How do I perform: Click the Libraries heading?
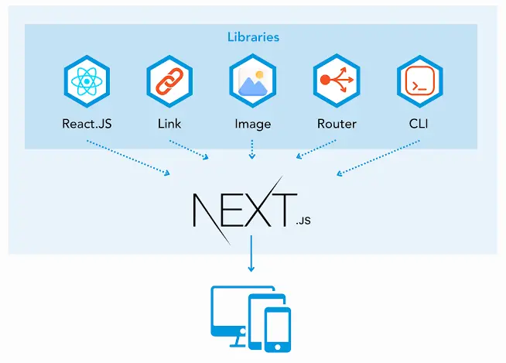point(253,36)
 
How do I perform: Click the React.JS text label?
point(86,123)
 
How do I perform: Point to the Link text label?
point(169,123)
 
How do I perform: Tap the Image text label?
point(253,123)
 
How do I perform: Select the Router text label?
point(337,123)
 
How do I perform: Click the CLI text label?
point(419,123)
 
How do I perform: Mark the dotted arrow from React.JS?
point(128,158)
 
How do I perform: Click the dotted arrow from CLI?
point(379,157)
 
